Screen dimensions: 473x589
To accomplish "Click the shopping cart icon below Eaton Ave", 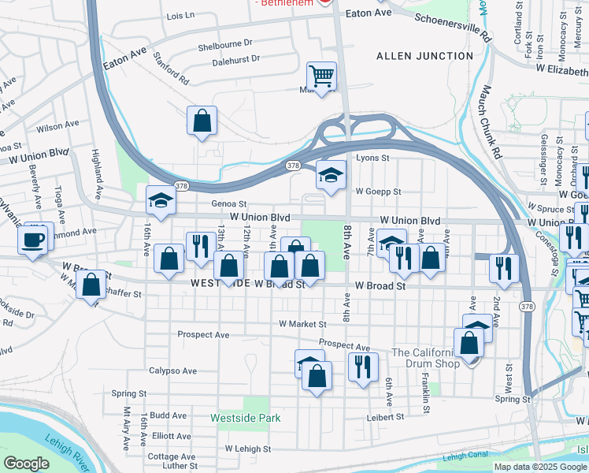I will click(x=321, y=76).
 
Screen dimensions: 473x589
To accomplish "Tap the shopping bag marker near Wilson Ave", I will click(x=202, y=121).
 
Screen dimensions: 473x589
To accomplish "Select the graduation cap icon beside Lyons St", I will click(x=332, y=175).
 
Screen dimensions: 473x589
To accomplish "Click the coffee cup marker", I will click(x=33, y=240).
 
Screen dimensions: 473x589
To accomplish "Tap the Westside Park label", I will click(x=245, y=417).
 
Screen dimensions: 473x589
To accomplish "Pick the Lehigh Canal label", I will click(x=465, y=456).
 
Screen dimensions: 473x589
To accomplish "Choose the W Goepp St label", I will click(x=378, y=191).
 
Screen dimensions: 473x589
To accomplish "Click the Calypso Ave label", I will click(x=172, y=371).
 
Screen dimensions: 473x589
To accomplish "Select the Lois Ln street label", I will click(x=180, y=16).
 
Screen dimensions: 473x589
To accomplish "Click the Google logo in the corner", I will click(x=27, y=463).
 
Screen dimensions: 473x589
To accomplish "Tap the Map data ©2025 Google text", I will click(x=539, y=467).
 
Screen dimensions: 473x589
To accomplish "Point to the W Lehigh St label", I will click(x=247, y=449).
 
